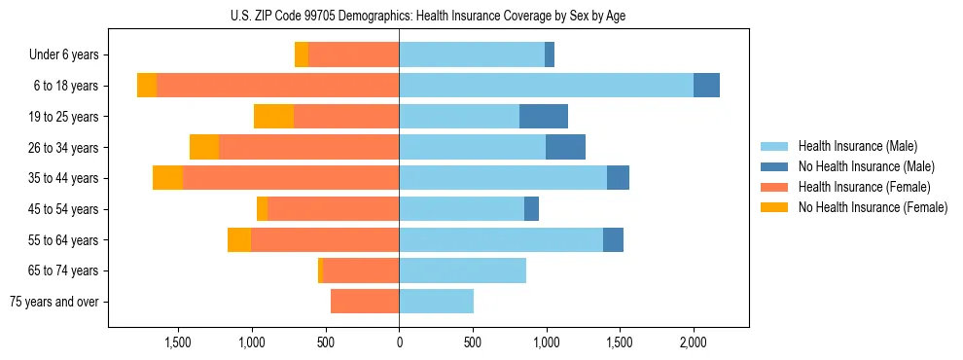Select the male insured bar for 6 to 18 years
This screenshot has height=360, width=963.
546,86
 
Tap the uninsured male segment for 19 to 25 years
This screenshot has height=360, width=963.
544,117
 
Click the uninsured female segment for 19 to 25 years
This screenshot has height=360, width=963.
273,117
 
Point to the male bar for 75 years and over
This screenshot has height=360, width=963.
436,302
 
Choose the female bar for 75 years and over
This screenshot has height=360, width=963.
365,302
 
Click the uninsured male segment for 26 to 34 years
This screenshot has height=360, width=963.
565,148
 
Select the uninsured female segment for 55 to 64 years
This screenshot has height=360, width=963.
239,240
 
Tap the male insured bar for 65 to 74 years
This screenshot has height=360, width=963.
462,270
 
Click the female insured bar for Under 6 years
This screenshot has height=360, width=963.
353,55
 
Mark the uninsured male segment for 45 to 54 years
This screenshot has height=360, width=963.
531,209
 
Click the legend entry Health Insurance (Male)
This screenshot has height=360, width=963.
858,146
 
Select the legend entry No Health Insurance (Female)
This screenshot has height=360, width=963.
873,207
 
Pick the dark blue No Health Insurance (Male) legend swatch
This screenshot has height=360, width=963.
774,166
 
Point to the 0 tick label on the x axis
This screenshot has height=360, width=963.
399,342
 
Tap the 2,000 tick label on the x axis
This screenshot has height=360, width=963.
693,342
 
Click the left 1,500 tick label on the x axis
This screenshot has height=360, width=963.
178,342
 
